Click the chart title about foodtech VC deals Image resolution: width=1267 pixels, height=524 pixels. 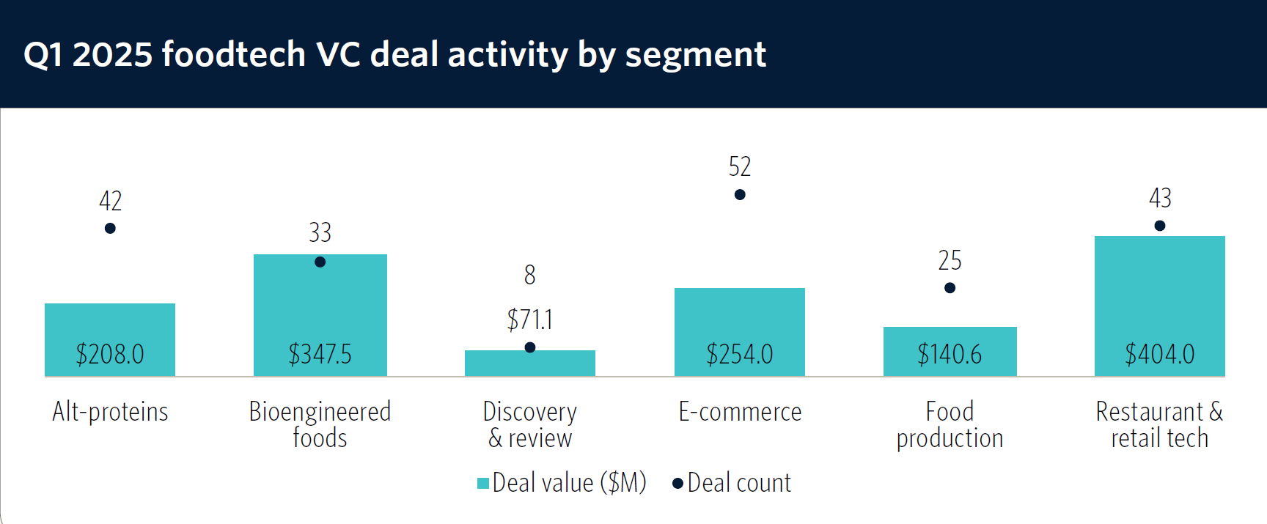[x=394, y=54]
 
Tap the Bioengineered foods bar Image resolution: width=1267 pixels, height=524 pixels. [x=320, y=308]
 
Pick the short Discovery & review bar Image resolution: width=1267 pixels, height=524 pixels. [x=530, y=364]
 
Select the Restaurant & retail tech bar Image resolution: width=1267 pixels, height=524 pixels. [x=1159, y=293]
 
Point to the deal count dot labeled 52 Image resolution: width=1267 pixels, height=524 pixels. [x=740, y=195]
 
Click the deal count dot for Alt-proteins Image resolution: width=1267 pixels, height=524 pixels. [x=110, y=229]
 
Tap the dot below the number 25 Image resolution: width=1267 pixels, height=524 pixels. [x=950, y=288]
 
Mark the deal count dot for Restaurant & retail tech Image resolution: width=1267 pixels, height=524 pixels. [x=1159, y=226]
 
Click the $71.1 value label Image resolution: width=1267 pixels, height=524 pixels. [x=530, y=320]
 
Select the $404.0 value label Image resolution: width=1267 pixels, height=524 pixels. [x=1159, y=355]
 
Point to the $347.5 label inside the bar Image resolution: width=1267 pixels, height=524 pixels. [x=320, y=355]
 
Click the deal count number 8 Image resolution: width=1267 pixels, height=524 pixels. [x=530, y=275]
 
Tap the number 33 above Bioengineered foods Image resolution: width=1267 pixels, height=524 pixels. [x=320, y=233]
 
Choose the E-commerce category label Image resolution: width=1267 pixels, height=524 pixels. [x=740, y=412]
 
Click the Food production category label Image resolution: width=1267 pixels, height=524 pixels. [x=950, y=425]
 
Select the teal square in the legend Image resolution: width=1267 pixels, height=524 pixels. [x=483, y=483]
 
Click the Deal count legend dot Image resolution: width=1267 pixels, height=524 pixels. [x=678, y=483]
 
